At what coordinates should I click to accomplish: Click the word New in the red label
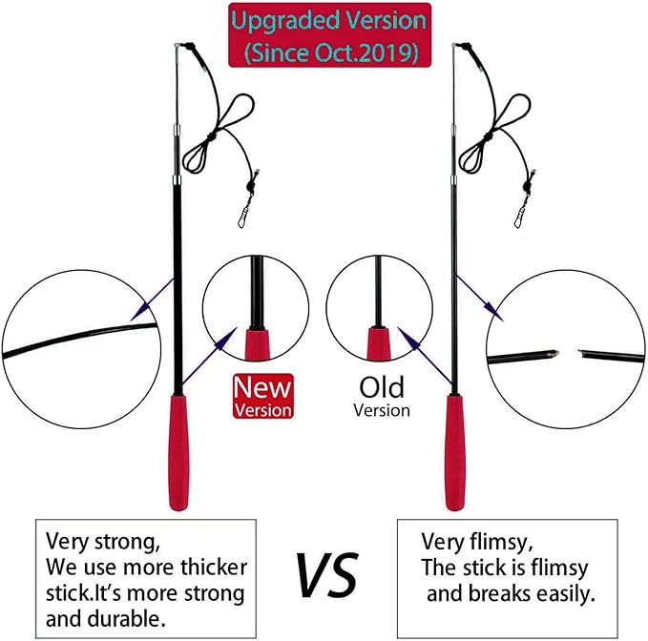click(x=263, y=388)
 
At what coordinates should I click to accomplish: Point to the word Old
click(x=382, y=387)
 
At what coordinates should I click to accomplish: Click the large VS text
click(x=325, y=573)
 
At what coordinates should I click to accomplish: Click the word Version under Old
click(x=382, y=410)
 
